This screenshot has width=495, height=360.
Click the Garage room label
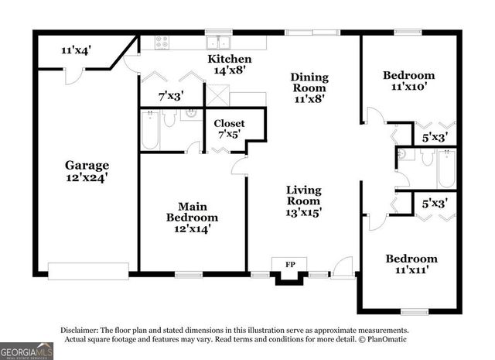86,165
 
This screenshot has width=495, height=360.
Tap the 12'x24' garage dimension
86,177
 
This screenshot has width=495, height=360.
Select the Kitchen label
230,59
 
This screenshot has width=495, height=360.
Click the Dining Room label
309,82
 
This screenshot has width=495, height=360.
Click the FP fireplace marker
290,266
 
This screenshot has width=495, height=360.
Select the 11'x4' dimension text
76,50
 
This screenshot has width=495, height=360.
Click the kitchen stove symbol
163,43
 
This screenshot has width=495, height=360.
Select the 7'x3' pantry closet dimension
171,97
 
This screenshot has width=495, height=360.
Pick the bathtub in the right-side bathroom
445,168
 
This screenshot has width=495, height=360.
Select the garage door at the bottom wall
87,270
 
